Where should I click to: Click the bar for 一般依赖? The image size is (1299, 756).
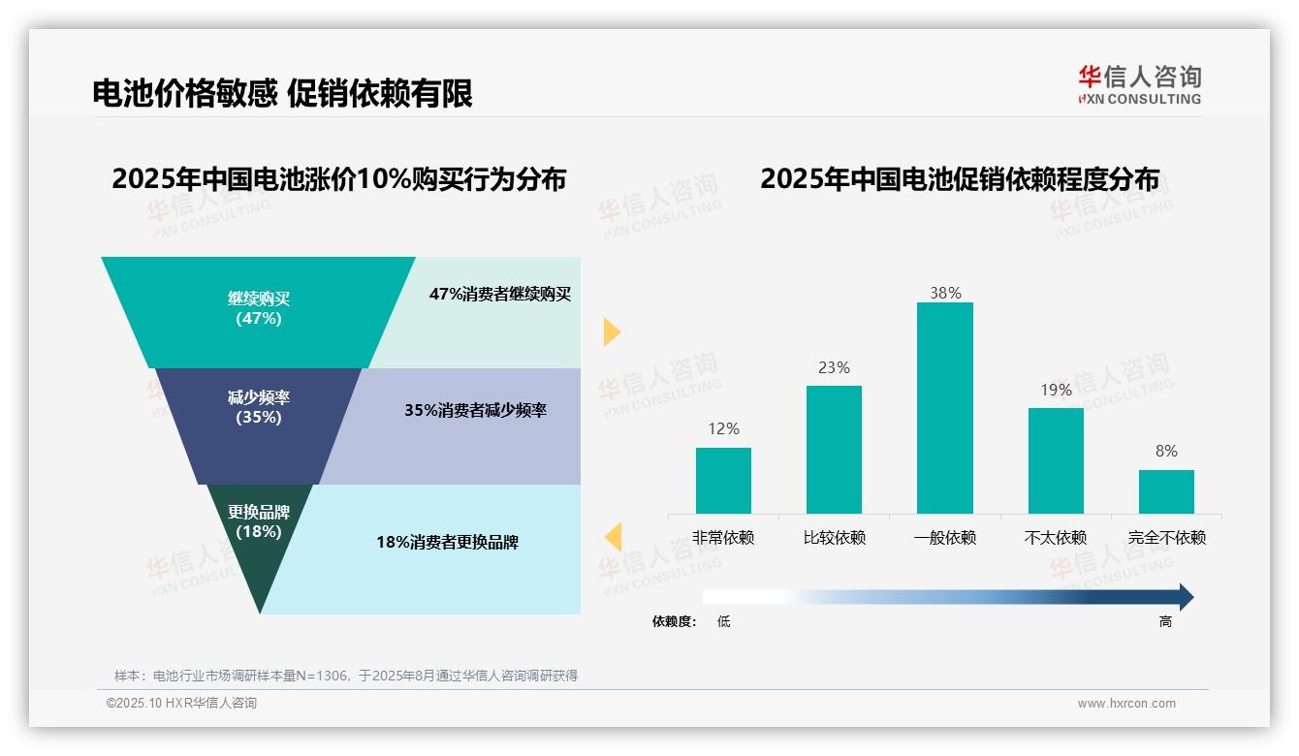point(944,408)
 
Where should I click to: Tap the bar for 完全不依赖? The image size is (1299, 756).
point(1166,491)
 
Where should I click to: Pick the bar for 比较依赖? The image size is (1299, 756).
point(834,450)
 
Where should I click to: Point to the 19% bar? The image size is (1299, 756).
point(1056,460)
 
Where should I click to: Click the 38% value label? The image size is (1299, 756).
point(945,293)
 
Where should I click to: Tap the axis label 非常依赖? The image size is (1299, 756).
point(723,538)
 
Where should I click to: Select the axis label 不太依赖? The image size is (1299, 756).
point(1056,538)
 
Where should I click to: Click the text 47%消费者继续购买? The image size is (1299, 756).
point(500,295)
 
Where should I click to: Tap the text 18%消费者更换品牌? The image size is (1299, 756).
point(447,543)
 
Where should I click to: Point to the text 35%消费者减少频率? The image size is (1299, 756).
point(475,411)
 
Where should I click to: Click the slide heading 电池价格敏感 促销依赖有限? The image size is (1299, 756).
point(282,93)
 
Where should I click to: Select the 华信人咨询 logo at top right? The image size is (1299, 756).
point(1139,84)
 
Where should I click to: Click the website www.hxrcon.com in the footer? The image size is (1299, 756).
point(1126,704)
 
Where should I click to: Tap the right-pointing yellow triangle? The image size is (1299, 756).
point(611,331)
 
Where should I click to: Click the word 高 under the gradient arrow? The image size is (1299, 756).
point(1165,622)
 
